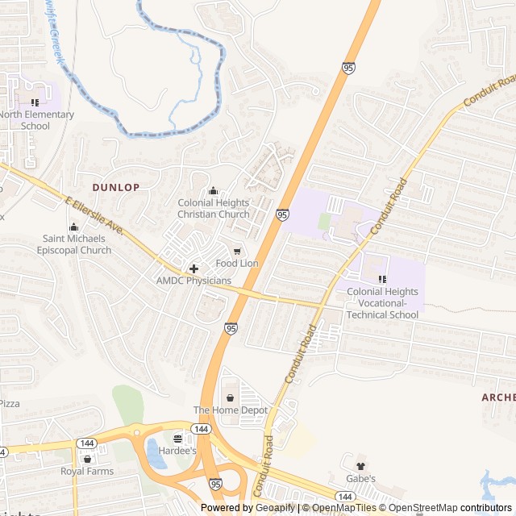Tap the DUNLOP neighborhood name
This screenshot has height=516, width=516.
tap(116, 187)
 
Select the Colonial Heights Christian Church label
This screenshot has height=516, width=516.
tap(213, 209)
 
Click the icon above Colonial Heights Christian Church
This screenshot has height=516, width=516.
tap(213, 190)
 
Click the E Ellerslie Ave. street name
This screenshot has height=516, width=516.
tap(94, 216)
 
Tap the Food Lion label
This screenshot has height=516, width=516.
tap(237, 264)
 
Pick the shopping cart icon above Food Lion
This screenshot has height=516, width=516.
tap(237, 252)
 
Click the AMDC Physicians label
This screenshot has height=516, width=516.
tap(193, 281)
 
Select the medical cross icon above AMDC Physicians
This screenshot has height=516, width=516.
tap(193, 267)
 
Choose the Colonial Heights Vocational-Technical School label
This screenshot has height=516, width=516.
tap(383, 303)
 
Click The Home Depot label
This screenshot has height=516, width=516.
tap(231, 410)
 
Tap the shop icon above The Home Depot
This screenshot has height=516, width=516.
tap(231, 397)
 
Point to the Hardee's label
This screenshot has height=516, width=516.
tap(177, 451)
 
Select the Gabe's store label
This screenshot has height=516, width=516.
tap(360, 478)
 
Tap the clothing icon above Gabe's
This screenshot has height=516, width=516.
tap(360, 465)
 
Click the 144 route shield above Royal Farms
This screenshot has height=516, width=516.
tap(86, 443)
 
